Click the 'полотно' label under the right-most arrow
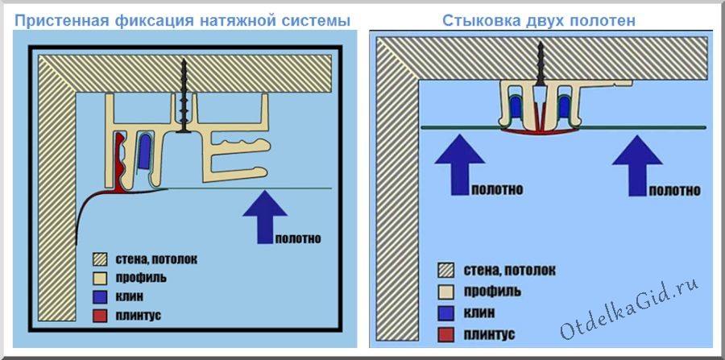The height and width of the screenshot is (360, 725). coord(672,191)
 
